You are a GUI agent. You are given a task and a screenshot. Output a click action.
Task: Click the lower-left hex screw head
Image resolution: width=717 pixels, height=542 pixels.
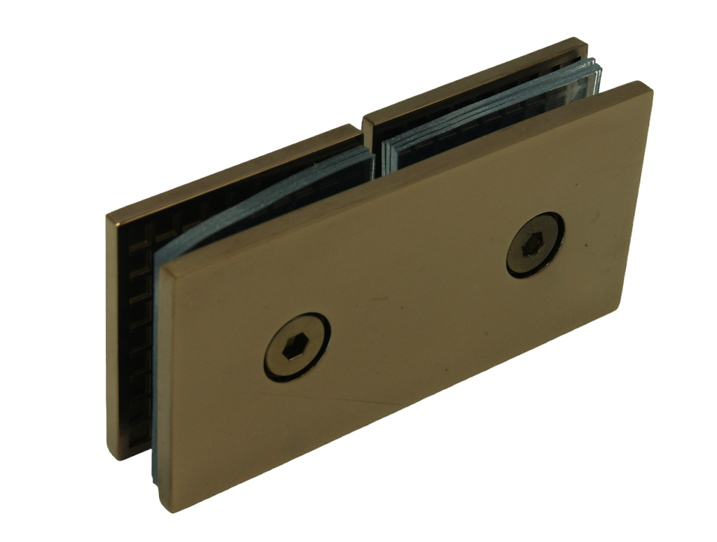click(297, 347)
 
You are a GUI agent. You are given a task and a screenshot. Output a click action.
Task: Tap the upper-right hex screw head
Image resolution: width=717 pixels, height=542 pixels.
click(535, 245)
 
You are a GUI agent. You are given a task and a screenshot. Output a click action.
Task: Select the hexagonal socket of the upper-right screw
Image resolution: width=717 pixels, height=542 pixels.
click(534, 246)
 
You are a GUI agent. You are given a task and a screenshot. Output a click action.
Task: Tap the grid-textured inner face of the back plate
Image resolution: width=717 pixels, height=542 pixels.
click(133, 315)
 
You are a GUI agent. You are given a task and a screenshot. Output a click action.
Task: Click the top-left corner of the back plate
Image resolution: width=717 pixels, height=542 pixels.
click(109, 214)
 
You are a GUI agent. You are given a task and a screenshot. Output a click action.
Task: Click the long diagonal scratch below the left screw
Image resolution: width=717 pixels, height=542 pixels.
click(350, 403)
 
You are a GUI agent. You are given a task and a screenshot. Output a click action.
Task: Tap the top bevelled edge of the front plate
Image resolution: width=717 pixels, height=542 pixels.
click(406, 175)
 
